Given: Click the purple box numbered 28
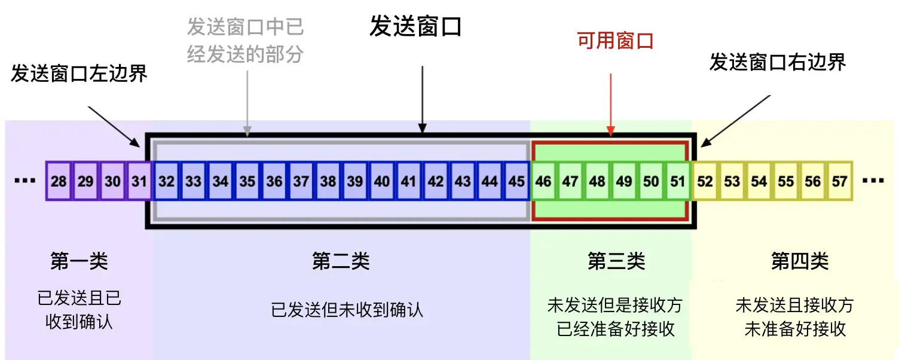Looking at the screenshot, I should [x=59, y=181].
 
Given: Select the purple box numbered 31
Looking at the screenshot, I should [x=139, y=181].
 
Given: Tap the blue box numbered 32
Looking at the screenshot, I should [x=167, y=181].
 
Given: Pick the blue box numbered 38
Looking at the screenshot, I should [x=328, y=181].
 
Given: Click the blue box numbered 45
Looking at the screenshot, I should [x=516, y=181].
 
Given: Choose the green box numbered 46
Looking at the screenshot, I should [x=543, y=181].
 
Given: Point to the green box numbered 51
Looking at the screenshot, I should [x=678, y=181].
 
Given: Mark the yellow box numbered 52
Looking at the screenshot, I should [x=705, y=181].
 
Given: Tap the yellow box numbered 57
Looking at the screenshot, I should [x=840, y=181].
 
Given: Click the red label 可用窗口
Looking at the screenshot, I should [x=615, y=41].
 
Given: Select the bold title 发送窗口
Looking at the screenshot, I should [x=415, y=27].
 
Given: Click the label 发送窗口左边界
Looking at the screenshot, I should [x=79, y=74].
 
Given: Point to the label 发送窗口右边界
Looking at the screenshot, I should [x=778, y=62].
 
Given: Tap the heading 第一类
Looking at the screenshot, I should [x=79, y=261].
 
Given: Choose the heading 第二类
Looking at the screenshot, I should [x=341, y=261].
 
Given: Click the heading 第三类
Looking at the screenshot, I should [x=616, y=261].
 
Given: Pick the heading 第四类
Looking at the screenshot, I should [x=800, y=261].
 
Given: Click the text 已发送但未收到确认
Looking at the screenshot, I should [x=347, y=310].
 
